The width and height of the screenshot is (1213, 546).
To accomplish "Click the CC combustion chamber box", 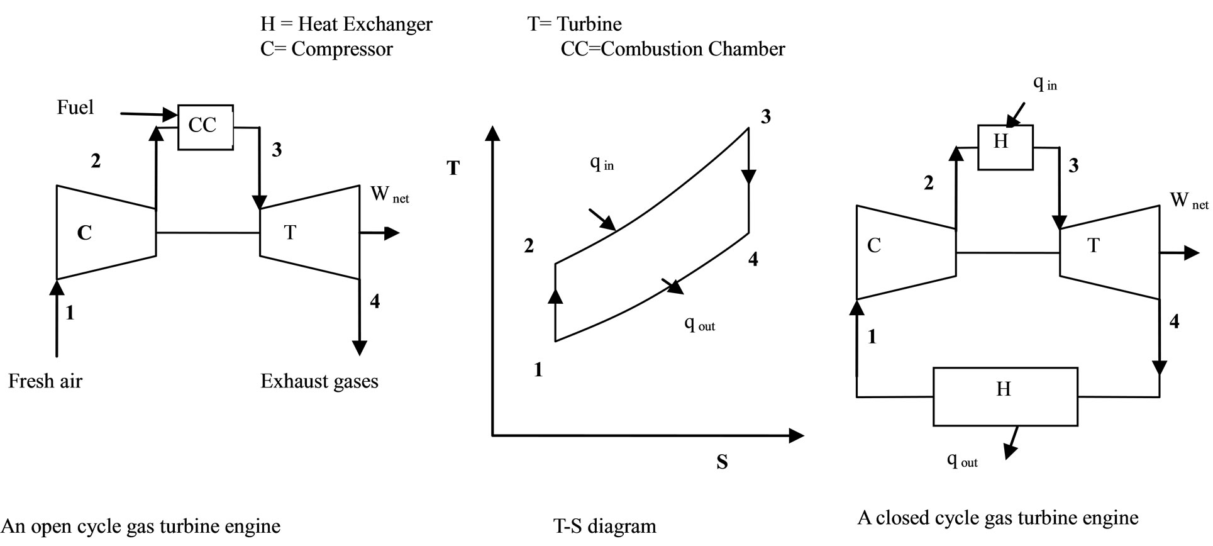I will pos(205,127).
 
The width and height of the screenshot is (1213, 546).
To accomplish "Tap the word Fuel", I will pos(75,108).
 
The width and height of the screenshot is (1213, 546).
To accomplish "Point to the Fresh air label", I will pos(45,381).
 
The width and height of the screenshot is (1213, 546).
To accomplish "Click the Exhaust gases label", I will pos(319,381).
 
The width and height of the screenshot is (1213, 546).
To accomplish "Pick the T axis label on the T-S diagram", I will pos(453,168).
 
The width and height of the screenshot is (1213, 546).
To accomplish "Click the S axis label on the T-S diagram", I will pos(722,463).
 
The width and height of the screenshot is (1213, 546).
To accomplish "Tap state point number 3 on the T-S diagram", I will pos(765,117).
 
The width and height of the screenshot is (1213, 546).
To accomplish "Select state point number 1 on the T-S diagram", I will pos(538,370).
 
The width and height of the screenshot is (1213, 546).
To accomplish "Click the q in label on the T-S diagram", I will pos(601,163).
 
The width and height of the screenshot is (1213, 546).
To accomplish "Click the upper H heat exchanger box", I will pos(1005,147).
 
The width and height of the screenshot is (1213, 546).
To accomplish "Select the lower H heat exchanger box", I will pos(1004,397).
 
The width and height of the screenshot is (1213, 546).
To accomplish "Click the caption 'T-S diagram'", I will pos(604,526).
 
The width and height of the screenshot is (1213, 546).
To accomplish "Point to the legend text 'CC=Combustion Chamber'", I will pos(673,49).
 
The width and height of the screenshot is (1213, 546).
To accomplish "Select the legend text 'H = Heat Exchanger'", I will pos(346,24).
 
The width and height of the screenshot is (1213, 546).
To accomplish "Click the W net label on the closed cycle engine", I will pos(1188,201).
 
